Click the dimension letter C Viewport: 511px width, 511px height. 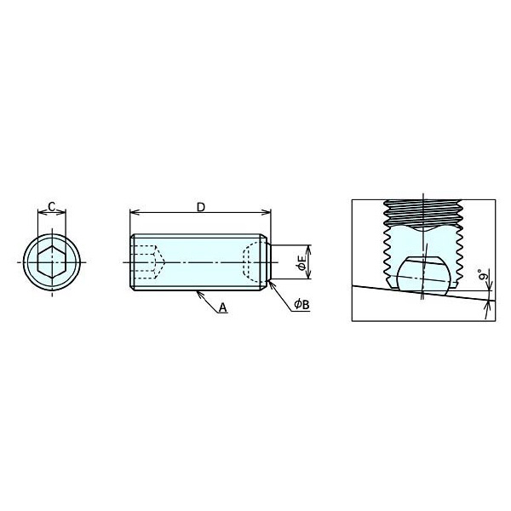(52, 206)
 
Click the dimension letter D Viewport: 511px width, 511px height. (201, 207)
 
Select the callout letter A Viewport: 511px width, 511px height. (222, 307)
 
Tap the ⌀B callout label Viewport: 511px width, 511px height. (301, 304)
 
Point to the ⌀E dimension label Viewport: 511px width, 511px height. (301, 262)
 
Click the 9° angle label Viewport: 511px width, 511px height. (484, 274)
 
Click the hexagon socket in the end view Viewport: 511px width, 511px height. (52, 261)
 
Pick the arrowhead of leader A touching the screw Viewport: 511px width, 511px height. (198, 294)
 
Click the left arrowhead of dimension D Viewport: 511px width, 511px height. (134, 212)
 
